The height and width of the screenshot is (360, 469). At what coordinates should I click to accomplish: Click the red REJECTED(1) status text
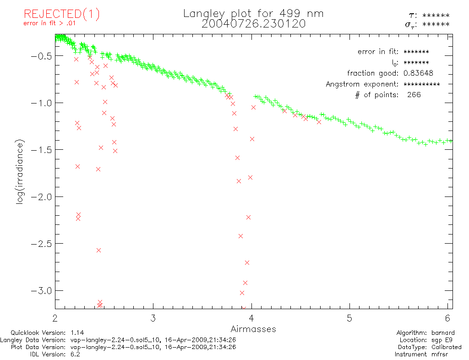click(62, 14)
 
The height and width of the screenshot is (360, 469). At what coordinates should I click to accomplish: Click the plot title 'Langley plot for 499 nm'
click(253, 14)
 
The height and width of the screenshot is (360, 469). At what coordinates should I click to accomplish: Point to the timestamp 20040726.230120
click(253, 24)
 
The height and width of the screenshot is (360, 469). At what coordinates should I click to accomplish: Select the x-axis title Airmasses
click(253, 329)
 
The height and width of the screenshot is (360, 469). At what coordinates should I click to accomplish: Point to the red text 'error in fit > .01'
click(49, 23)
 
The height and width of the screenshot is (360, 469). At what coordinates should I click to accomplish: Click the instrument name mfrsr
click(443, 355)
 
